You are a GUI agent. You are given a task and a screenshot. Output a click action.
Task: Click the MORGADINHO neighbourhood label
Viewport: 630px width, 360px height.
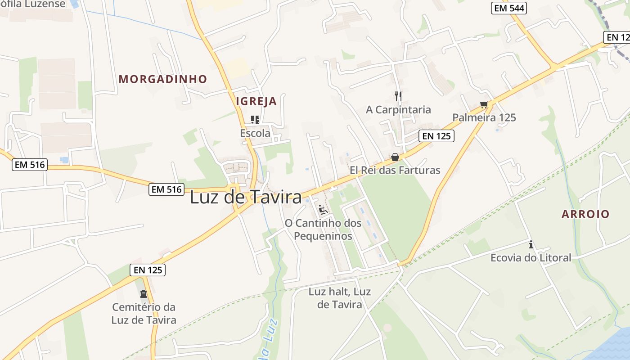click(x=162, y=79)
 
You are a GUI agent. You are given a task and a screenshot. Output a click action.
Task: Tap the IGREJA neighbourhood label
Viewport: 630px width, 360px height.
click(x=256, y=101)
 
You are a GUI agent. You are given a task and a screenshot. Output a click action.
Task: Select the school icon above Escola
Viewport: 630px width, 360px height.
click(x=255, y=119)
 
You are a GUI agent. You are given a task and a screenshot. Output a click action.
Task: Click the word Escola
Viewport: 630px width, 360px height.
click(x=255, y=133)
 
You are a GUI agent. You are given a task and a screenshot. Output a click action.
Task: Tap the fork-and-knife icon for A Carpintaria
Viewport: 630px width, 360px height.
click(x=398, y=96)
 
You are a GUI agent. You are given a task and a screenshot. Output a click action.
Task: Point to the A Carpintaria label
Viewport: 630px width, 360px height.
click(x=398, y=109)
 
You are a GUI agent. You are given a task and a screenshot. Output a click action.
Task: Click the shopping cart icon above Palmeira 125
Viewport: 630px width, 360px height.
click(x=484, y=105)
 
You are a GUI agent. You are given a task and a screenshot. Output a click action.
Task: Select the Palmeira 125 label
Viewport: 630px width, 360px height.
click(x=484, y=117)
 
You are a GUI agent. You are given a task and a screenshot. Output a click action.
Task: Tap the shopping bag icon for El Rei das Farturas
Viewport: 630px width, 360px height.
click(x=395, y=157)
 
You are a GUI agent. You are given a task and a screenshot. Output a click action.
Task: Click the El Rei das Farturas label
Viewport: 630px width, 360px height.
click(x=395, y=170)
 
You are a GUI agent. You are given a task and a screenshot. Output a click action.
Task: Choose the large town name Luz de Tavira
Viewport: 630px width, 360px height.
click(x=246, y=197)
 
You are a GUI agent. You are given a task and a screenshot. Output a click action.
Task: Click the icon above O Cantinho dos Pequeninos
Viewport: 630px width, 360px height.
click(x=323, y=209)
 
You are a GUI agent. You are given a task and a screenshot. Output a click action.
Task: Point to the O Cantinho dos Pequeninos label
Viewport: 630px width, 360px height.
click(x=323, y=229)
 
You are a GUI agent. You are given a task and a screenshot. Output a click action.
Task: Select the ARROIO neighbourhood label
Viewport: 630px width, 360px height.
click(x=585, y=214)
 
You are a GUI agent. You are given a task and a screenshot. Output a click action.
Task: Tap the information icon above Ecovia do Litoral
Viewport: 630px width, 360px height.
click(x=531, y=244)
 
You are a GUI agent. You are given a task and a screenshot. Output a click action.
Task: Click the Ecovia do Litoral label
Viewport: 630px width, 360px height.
click(x=531, y=257)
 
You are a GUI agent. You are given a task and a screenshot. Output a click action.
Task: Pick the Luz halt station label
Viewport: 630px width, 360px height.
click(x=340, y=298)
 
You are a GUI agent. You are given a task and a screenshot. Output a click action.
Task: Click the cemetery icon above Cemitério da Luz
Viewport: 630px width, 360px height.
click(x=144, y=294)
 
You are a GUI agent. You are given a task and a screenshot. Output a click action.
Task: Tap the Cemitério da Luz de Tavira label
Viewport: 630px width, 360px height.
click(x=144, y=314)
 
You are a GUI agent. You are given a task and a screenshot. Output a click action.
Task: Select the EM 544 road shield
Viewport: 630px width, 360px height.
click(x=508, y=8)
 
